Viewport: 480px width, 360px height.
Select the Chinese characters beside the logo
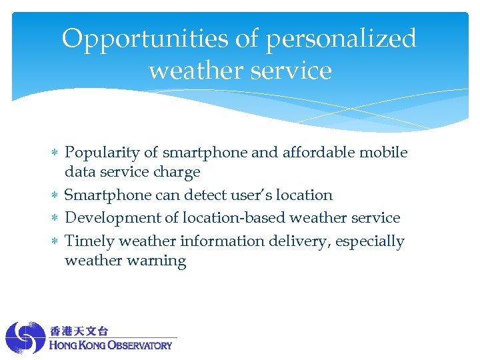79,331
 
